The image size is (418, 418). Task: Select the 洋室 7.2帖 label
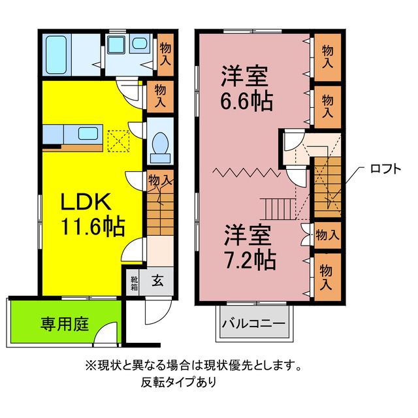pos(250,248)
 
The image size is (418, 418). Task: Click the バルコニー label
pos(253,323)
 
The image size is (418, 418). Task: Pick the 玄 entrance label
pos(158,281)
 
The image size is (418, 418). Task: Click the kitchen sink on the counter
pos(88,134)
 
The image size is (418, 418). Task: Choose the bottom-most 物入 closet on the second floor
pos(327,276)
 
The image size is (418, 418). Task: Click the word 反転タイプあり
pos(180,383)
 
